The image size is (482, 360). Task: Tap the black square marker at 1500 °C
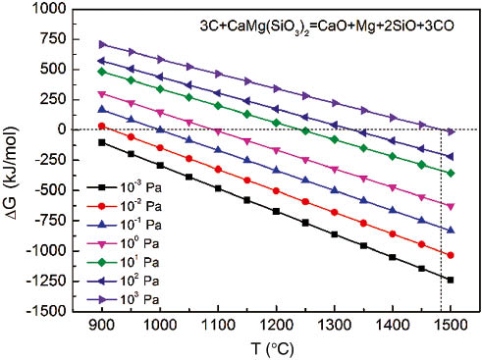(x=451, y=280)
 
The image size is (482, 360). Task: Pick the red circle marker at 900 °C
(x=102, y=127)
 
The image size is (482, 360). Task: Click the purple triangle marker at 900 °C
(x=102, y=44)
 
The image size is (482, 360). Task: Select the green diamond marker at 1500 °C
(x=451, y=173)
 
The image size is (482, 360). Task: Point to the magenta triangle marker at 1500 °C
(x=451, y=206)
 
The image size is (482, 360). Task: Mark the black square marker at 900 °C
(x=102, y=142)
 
